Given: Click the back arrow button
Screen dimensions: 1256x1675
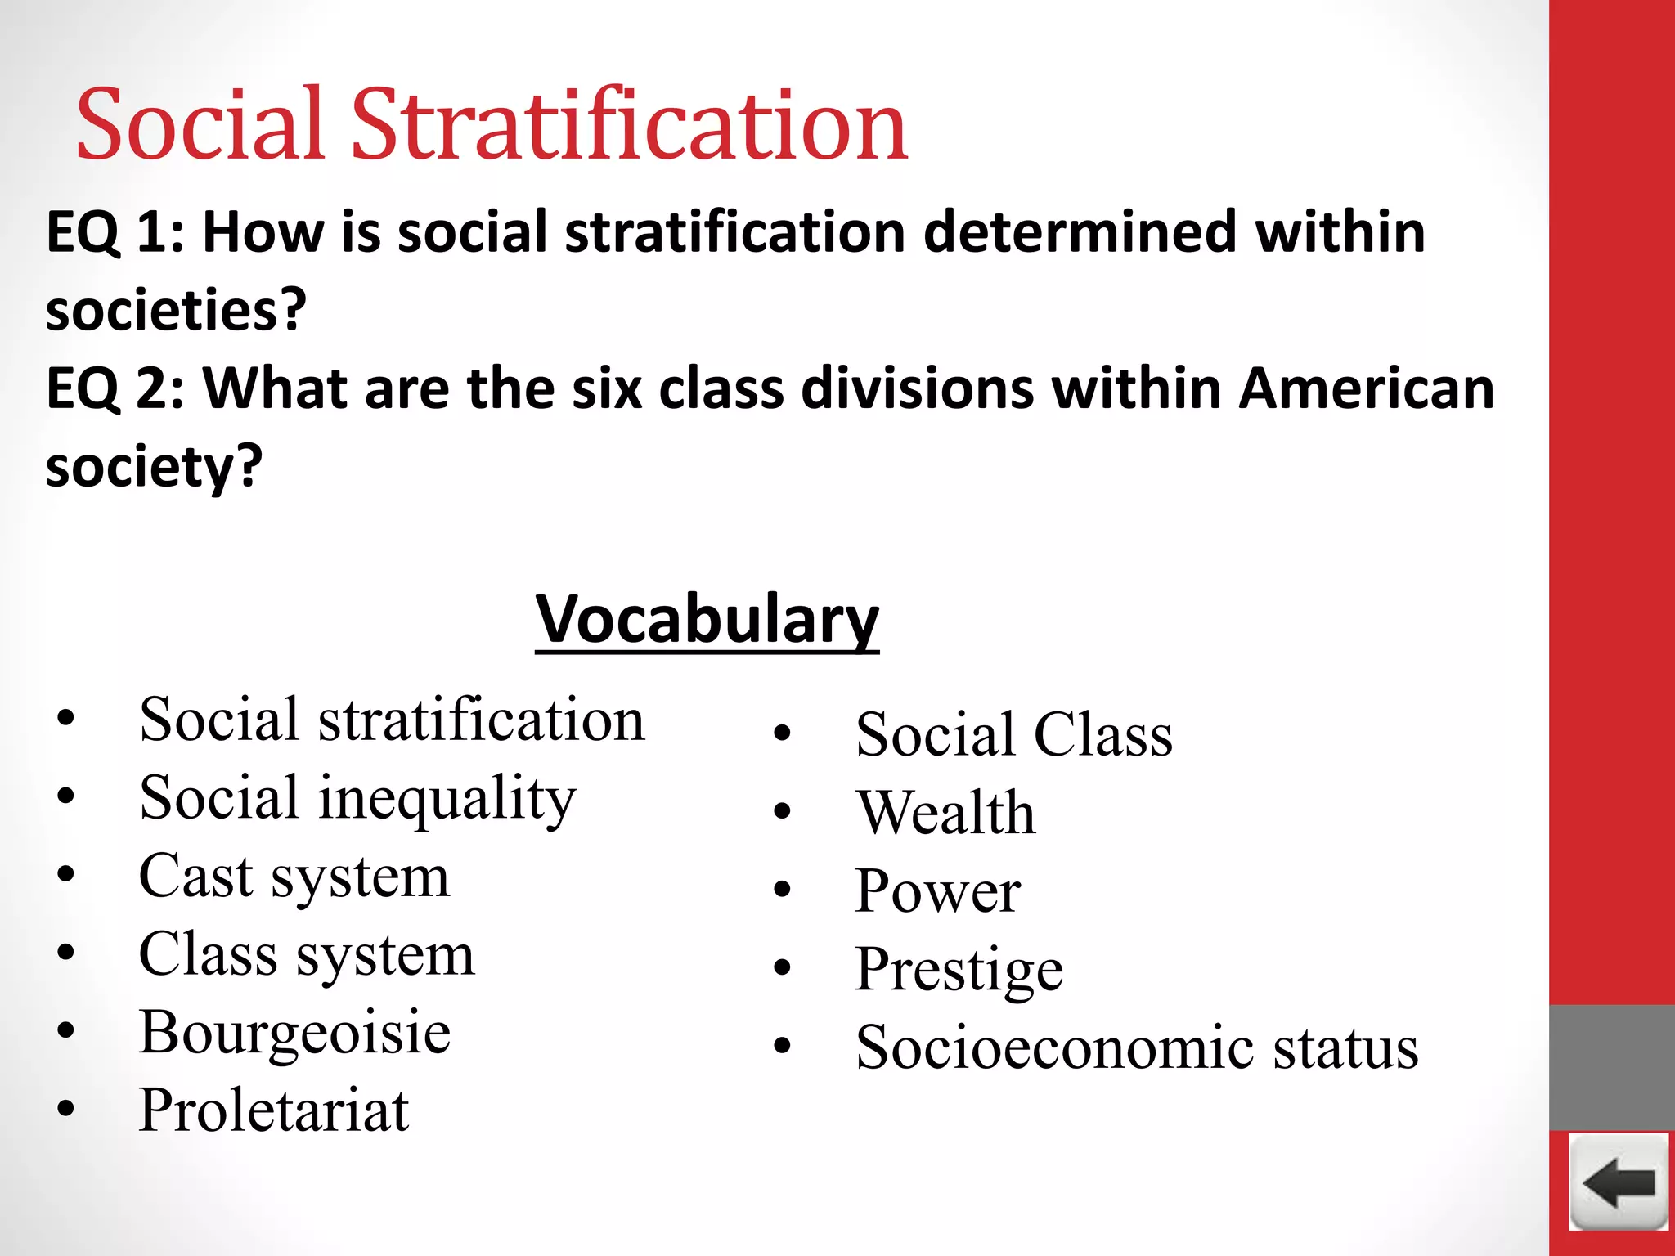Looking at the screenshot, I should click(x=1619, y=1182).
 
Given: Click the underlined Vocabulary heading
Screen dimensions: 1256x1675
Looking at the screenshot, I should click(x=707, y=620).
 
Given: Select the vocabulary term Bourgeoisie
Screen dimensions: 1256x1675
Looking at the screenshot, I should click(x=294, y=1033).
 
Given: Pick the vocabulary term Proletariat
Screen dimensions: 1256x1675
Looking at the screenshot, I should click(x=274, y=1110).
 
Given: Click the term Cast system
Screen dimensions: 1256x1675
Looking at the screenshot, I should click(x=294, y=877).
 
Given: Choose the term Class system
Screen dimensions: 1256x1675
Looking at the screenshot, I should click(x=306, y=954).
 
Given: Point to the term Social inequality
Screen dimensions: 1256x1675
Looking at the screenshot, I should click(x=357, y=798).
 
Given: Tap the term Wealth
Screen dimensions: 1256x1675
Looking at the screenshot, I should click(x=945, y=813).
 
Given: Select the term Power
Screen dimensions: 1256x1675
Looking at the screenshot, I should click(x=937, y=890).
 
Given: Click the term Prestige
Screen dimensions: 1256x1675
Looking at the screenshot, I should click(x=959, y=969).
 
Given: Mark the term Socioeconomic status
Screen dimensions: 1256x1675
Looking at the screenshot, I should click(x=1136, y=1047).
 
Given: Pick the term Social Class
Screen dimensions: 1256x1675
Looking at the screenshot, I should click(x=1013, y=734).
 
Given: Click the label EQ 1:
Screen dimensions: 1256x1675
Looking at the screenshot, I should click(x=115, y=232).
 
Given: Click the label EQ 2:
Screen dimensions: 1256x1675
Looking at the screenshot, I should click(x=115, y=388).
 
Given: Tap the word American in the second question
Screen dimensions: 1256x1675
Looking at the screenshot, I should click(x=1366, y=388).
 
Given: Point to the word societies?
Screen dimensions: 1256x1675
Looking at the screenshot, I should click(x=176, y=311).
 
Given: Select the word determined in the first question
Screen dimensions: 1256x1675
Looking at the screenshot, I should click(x=1080, y=232).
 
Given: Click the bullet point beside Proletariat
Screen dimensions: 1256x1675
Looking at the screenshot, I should click(x=66, y=1110).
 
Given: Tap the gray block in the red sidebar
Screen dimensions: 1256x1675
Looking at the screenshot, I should click(x=1611, y=1067).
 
